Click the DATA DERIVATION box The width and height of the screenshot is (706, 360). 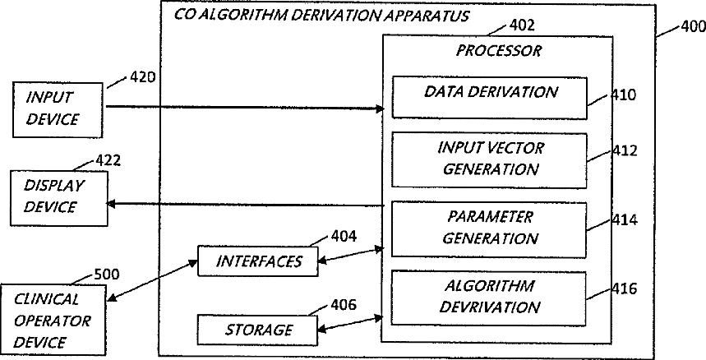491,97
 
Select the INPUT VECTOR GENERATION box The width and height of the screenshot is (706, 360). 491,159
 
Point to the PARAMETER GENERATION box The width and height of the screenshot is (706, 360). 491,228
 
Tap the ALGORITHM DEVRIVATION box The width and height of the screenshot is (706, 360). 491,296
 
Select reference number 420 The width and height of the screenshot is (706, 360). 143,78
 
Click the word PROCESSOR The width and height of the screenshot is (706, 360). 499,51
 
